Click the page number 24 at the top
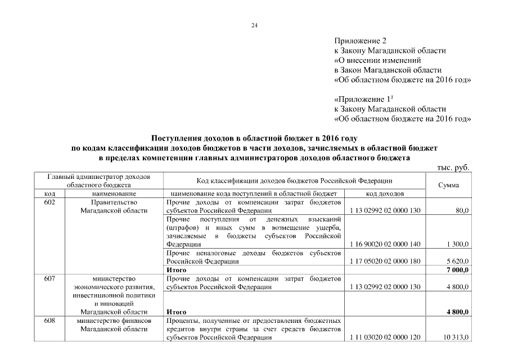(254, 25)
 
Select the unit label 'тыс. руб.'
(453, 168)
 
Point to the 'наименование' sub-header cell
(114, 193)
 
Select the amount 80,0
(462, 210)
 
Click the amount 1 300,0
(458, 244)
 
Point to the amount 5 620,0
(458, 262)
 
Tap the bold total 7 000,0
(458, 270)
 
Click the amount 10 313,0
(456, 337)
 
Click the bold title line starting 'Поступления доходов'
(254, 138)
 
